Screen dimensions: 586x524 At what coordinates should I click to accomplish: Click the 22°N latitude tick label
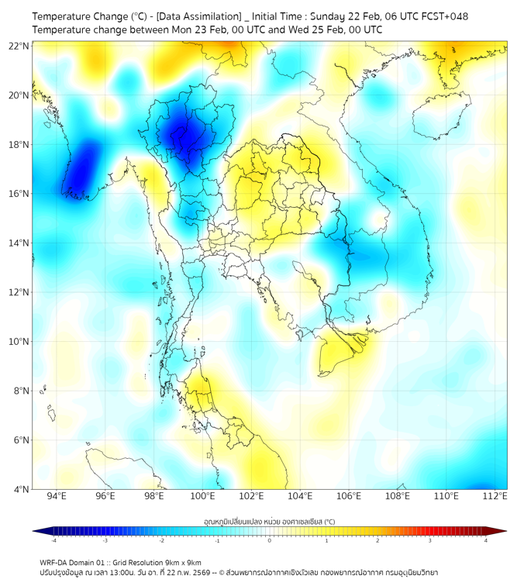[19, 46]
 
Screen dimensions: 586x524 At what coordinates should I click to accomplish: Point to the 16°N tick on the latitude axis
[19, 194]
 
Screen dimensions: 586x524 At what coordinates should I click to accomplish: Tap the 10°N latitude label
[19, 342]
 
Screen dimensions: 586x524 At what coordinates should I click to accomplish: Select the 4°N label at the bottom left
[21, 489]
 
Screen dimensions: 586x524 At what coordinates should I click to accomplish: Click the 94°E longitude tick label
[57, 497]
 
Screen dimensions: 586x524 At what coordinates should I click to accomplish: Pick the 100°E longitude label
[202, 497]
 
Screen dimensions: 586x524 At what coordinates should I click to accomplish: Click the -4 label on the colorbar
[53, 540]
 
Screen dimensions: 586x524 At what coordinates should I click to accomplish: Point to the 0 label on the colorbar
[270, 540]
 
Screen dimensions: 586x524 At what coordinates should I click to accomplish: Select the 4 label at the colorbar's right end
[486, 540]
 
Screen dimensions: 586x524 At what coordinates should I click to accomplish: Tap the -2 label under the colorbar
[161, 540]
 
